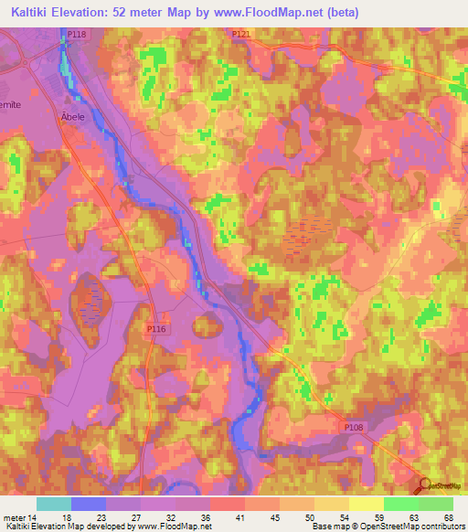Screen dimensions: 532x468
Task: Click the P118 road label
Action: [x=77, y=34]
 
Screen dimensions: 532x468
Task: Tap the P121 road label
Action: [x=240, y=34]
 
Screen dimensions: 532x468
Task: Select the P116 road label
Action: [x=156, y=326]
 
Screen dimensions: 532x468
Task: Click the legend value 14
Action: [x=32, y=517]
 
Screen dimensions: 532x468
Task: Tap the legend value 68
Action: [x=449, y=517]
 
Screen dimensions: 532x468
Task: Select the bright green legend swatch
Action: [x=401, y=504]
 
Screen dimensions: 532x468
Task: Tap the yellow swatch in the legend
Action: [x=367, y=504]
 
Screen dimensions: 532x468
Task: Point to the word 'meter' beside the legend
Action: [x=14, y=517]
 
